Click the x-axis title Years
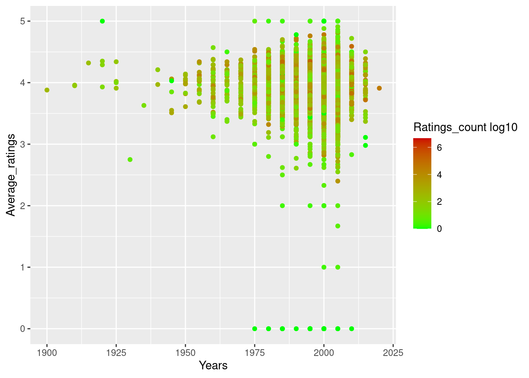(x=213, y=365)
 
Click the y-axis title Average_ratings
(x=11, y=175)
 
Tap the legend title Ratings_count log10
(x=465, y=127)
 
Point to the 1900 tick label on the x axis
(x=47, y=352)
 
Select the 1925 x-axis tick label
(x=116, y=352)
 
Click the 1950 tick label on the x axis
(x=185, y=352)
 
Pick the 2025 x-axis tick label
(x=393, y=352)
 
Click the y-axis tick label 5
(x=23, y=21)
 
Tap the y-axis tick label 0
(x=23, y=329)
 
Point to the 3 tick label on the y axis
(x=23, y=144)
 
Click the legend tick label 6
(x=440, y=148)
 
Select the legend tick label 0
(x=440, y=228)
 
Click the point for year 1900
(x=47, y=90)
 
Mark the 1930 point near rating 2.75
(x=130, y=159)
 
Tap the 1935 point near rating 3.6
(x=144, y=105)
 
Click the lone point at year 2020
(x=379, y=88)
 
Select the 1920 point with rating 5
(x=102, y=21)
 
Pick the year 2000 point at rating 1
(x=324, y=267)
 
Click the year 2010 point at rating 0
(x=351, y=328)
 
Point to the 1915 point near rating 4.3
(x=89, y=63)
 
